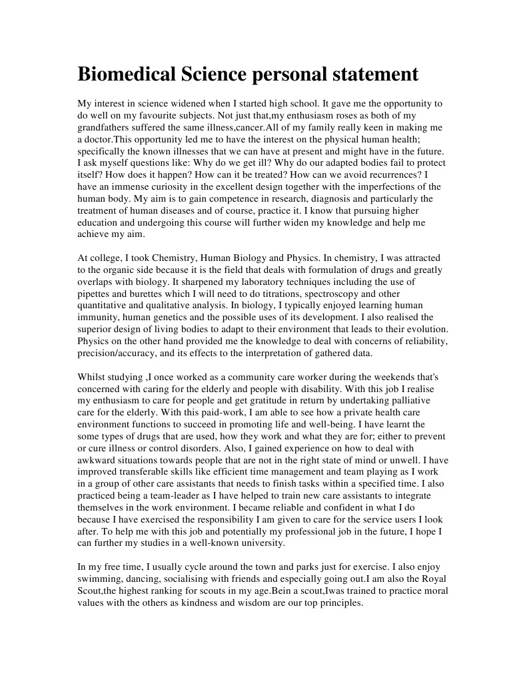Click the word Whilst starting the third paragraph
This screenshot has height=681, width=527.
point(93,377)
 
